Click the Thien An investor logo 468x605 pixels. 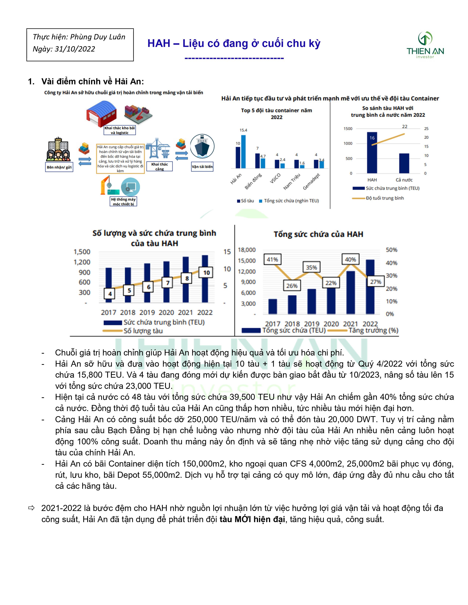pos(425,45)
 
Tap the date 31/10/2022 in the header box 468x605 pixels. pos(75,49)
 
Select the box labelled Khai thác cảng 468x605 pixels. pos(159,166)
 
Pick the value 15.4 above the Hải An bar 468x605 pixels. pos(243,130)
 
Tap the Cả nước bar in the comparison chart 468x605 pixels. pos(404,163)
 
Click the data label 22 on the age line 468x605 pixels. pos(405,127)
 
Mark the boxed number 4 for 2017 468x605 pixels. pos(110,294)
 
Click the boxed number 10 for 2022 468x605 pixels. pos(206,273)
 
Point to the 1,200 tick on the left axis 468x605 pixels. pos(82,262)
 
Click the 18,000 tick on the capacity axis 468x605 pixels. pos(247,250)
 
